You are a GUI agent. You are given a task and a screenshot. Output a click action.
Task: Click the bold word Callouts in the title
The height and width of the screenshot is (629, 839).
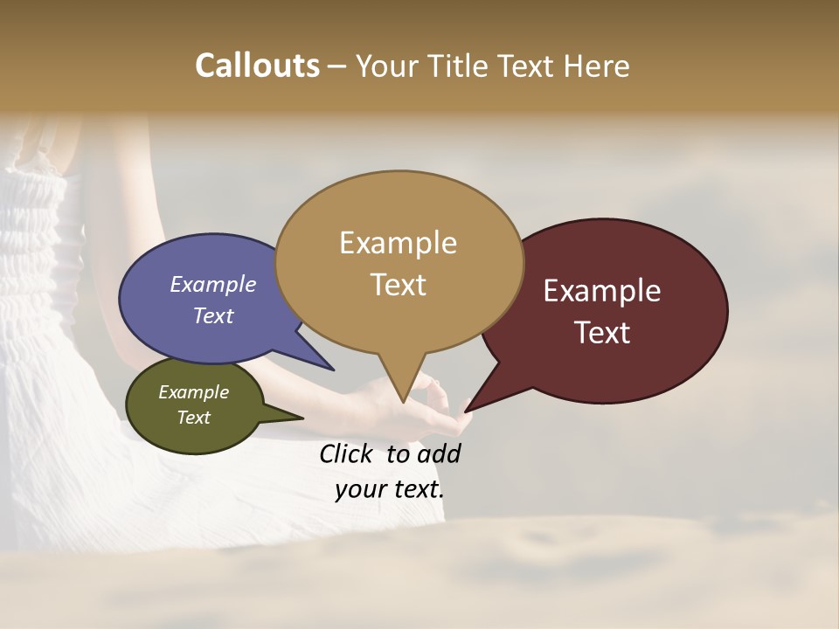coord(257,66)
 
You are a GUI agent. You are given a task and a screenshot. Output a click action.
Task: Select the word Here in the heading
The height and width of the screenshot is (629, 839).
coord(595,66)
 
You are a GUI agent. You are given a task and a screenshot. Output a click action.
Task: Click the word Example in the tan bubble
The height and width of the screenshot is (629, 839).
coord(398,242)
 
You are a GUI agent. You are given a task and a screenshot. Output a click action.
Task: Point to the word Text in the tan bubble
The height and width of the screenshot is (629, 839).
coord(398,285)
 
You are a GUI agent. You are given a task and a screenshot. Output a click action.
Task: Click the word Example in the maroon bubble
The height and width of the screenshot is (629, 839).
coord(602,291)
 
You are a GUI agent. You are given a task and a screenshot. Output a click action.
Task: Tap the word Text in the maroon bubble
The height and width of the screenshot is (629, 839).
coord(602,333)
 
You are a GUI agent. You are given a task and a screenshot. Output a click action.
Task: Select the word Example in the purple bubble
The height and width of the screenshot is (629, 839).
coord(212,284)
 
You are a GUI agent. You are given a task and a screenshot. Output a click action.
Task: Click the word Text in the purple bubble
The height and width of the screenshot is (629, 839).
coord(212,315)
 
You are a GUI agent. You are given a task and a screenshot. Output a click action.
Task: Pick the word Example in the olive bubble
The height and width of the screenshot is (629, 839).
coord(193,392)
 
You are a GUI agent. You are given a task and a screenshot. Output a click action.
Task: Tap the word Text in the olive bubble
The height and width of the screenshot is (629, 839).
coord(193,418)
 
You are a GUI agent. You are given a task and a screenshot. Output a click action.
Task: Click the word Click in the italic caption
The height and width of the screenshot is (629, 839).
coord(346,453)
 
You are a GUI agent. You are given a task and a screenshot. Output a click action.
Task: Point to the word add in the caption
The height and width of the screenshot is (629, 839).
coord(438,453)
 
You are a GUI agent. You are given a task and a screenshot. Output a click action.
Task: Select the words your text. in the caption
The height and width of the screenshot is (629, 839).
coord(389,489)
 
